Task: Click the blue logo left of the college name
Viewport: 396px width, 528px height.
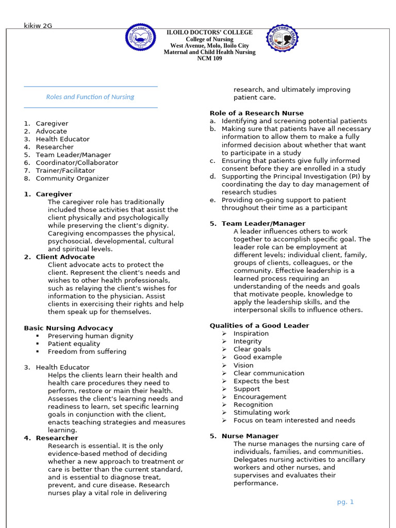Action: coord(141,38)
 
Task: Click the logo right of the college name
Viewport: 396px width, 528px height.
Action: coord(282,38)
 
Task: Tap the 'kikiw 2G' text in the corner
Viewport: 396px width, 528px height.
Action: coord(38,26)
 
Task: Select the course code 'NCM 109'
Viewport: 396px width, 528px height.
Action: coord(209,59)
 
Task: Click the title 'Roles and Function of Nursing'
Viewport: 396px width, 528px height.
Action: coord(90,97)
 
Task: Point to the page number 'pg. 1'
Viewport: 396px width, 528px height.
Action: coord(345,502)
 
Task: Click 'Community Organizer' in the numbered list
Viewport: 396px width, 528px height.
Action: coord(72,178)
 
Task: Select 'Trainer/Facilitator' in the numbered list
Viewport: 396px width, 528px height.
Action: coord(65,171)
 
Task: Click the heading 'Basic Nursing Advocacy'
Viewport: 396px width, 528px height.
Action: coord(68,328)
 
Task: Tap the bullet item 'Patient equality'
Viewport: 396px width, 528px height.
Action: coord(74,344)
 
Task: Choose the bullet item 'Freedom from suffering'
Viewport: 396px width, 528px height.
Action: coord(87,352)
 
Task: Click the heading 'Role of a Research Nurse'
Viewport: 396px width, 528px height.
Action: coord(256,113)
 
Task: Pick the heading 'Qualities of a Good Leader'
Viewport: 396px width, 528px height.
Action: coord(259,325)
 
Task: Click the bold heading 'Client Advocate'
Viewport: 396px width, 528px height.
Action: coord(65,257)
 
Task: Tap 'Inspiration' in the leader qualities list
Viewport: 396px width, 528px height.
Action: coord(251,334)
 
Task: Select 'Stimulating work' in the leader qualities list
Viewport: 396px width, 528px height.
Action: coord(261,412)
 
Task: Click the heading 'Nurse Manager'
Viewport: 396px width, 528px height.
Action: coord(250,436)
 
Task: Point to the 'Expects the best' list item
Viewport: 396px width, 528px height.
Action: coord(261,381)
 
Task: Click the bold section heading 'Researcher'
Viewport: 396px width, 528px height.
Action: coord(57,438)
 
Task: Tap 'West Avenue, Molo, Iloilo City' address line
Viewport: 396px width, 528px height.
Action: coord(209,46)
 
